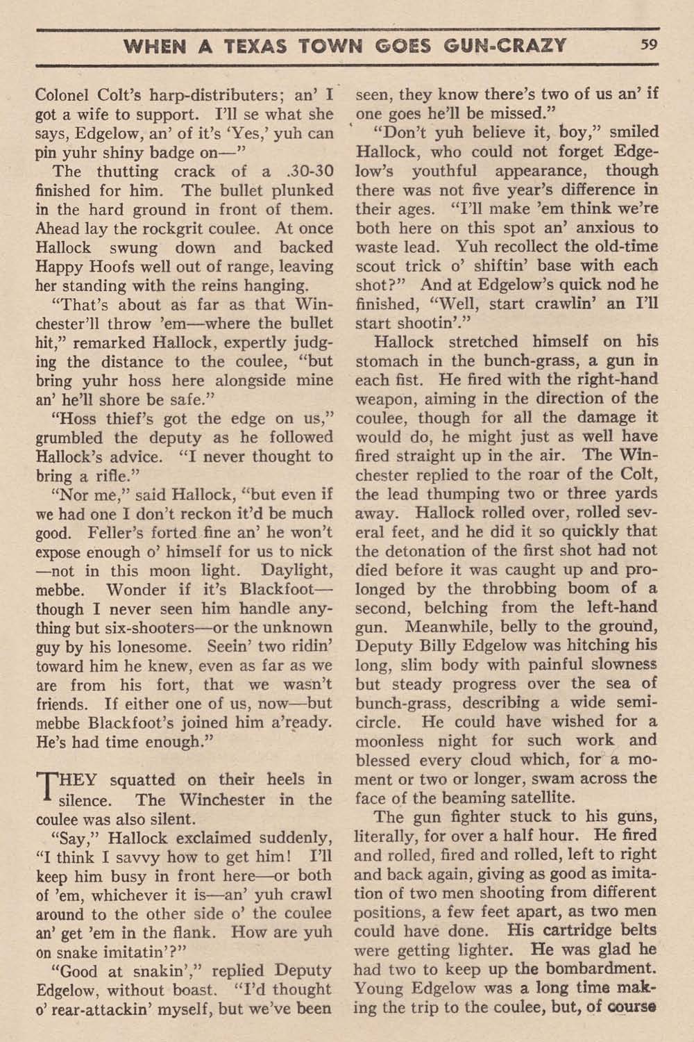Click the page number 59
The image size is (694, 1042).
click(650, 46)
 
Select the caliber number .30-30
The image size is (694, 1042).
click(303, 172)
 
